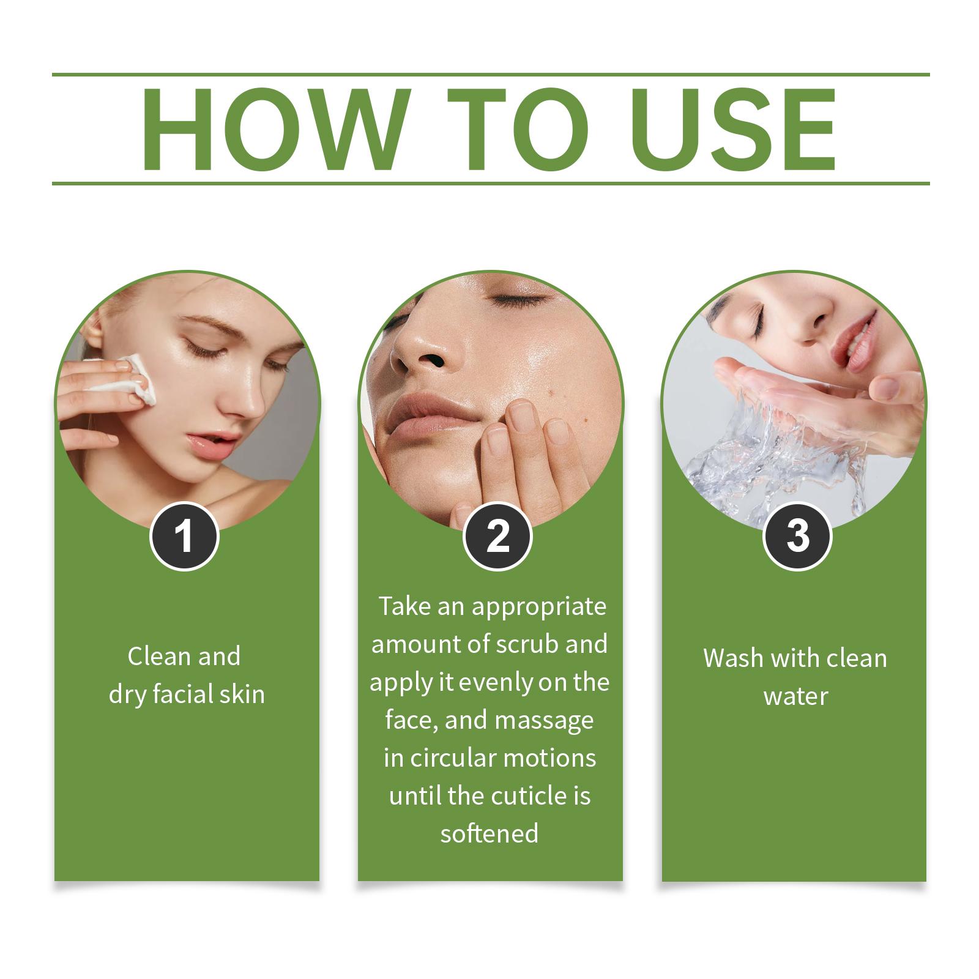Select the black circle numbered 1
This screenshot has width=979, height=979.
pyautogui.click(x=184, y=536)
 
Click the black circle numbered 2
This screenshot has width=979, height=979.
pyautogui.click(x=497, y=537)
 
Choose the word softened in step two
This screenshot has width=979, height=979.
pyautogui.click(x=489, y=834)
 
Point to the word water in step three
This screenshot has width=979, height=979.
pyautogui.click(x=795, y=697)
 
